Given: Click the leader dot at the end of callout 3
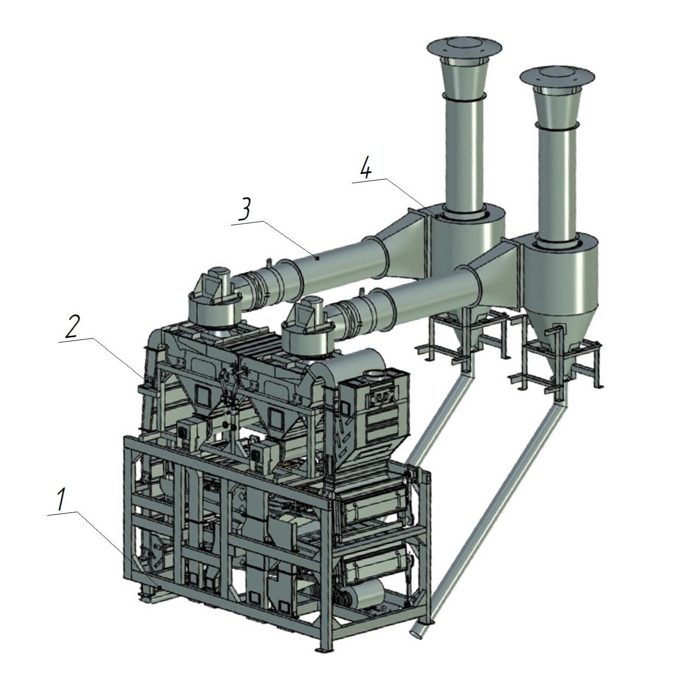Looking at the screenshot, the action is point(318,258).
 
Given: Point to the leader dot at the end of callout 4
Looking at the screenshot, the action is point(437,216).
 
